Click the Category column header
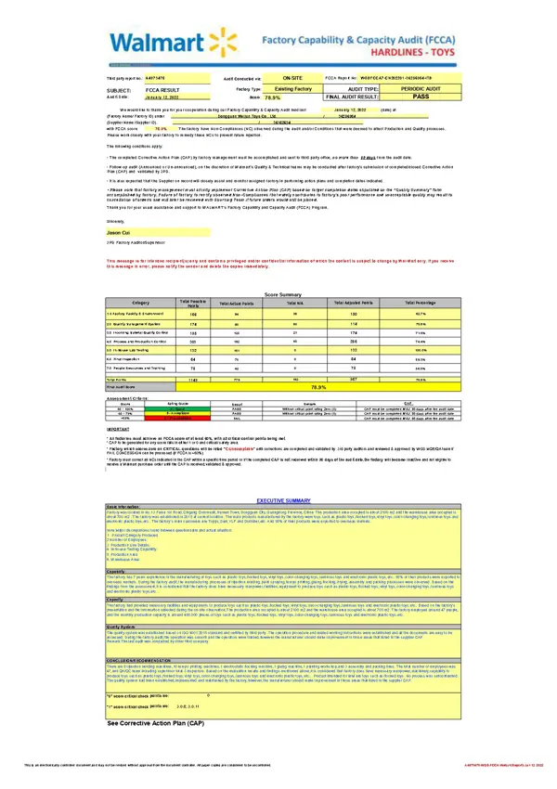tap(140, 304)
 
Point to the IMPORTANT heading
tap(118, 429)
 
